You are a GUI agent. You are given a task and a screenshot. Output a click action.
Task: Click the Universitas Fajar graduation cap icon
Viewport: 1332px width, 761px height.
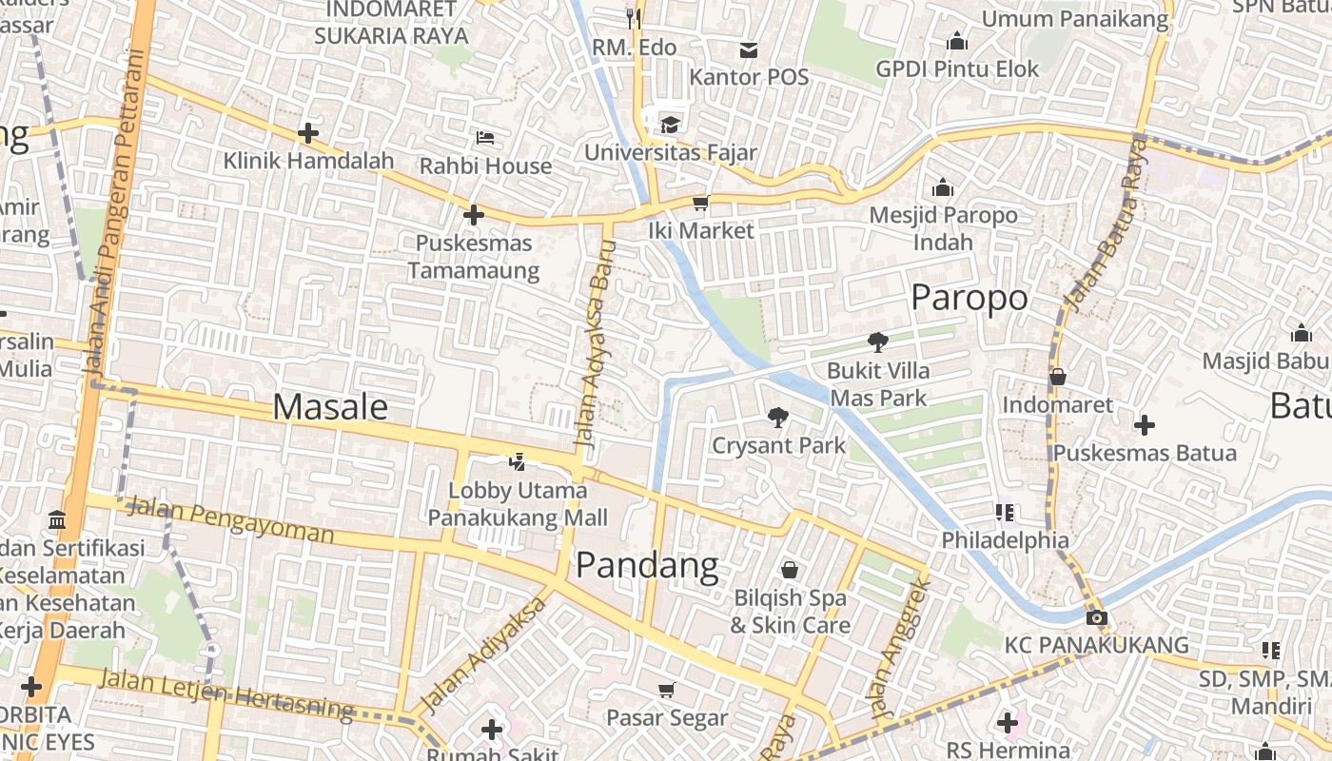coord(671,125)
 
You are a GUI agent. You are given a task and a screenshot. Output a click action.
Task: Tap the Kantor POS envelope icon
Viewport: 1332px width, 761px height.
coord(750,49)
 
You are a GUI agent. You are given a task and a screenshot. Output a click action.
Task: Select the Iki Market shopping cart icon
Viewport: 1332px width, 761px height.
coord(701,203)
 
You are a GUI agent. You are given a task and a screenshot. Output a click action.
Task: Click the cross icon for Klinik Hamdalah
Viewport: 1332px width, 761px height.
coord(308,133)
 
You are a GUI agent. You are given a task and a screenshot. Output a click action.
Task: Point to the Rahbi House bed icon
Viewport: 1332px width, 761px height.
coord(485,138)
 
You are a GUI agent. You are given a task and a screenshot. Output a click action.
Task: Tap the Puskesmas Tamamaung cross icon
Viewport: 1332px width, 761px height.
coord(473,215)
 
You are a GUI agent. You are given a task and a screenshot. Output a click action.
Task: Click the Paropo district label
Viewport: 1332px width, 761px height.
coord(969,298)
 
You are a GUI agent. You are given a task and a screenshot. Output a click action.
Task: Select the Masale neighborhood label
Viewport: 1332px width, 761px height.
coord(330,407)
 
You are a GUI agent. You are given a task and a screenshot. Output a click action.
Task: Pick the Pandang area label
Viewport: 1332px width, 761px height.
coord(647,565)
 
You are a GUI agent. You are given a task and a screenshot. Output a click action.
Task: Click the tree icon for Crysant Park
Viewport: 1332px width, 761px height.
coord(778,417)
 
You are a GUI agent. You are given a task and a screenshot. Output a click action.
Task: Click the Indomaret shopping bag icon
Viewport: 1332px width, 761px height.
coord(1057,377)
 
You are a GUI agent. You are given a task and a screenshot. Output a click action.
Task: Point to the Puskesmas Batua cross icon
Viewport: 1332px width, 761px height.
coord(1145,425)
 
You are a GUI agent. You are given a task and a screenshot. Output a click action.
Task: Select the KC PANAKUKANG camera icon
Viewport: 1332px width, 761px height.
coord(1096,617)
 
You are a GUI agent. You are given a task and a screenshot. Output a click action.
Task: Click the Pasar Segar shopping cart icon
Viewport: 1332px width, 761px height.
coord(667,689)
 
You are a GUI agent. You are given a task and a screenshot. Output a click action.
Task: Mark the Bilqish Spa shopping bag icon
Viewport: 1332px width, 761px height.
coord(789,570)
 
